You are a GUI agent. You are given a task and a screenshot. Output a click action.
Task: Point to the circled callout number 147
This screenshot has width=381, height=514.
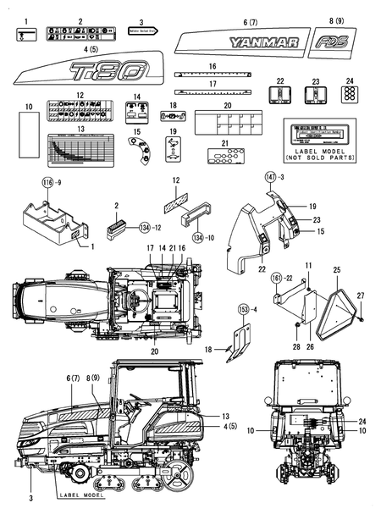click(248, 176)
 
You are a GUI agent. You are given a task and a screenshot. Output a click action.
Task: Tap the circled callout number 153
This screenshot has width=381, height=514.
click(243, 309)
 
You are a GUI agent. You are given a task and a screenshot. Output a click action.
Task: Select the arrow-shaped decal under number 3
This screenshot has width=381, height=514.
click(145, 30)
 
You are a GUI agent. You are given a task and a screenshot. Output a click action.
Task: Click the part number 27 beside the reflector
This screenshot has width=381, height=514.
click(359, 295)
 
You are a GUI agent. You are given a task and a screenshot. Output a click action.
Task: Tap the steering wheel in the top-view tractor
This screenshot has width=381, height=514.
click(131, 299)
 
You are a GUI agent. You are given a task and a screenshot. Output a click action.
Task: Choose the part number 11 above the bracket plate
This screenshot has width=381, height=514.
click(309, 267)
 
